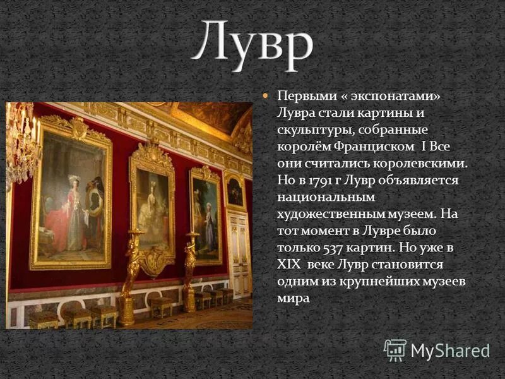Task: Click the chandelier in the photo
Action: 22,142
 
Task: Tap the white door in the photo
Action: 240,253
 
